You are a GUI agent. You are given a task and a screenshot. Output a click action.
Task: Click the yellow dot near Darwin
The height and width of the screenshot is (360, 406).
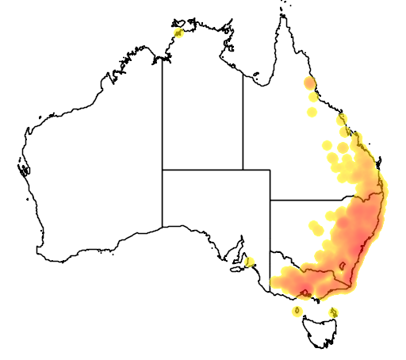178,33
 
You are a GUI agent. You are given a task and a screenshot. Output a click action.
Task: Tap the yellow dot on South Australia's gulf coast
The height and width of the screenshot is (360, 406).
249,261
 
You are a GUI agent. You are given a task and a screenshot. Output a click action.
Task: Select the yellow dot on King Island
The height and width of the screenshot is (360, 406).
297,310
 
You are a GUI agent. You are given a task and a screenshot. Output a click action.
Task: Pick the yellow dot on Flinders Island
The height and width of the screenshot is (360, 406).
334,312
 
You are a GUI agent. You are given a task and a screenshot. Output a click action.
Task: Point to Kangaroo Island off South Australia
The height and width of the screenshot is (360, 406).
237,270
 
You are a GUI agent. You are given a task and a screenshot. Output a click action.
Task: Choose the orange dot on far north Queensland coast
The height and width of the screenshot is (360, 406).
309,82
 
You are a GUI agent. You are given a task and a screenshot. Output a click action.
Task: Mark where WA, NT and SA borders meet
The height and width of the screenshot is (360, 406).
163,170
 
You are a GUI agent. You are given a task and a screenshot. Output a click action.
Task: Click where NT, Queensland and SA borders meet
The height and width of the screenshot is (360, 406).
243,170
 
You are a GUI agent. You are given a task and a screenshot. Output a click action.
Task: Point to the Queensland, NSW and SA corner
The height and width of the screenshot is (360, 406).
270,200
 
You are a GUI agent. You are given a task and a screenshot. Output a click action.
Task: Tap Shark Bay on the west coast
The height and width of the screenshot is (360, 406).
23,169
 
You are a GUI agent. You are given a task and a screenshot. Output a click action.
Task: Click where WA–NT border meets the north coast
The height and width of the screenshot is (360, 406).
163,58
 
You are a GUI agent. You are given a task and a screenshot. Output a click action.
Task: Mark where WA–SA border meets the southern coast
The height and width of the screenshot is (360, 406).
163,227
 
